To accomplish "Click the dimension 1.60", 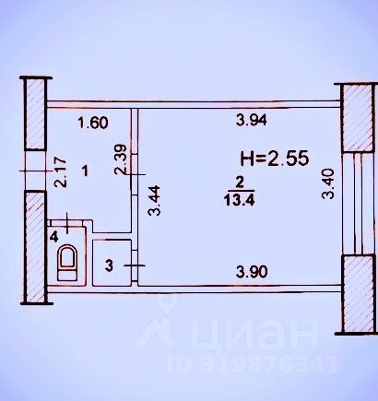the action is point(93,123).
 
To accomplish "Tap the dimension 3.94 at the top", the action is point(252,120).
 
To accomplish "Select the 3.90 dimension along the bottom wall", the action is point(252,272).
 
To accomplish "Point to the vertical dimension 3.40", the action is point(327,183).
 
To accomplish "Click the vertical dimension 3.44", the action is point(154,200).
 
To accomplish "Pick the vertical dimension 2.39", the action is point(121,159).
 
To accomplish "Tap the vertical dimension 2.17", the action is point(60,172).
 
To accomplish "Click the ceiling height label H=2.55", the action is point(274,159).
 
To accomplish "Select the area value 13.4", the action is point(240,200).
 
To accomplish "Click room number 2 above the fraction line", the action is point(240,183).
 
